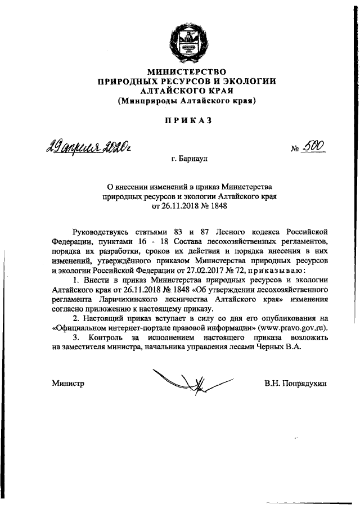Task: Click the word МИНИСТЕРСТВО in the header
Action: click(x=187, y=71)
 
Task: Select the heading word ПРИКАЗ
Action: click(x=187, y=120)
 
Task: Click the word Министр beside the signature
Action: click(x=67, y=384)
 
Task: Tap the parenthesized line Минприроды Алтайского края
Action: click(x=187, y=101)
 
